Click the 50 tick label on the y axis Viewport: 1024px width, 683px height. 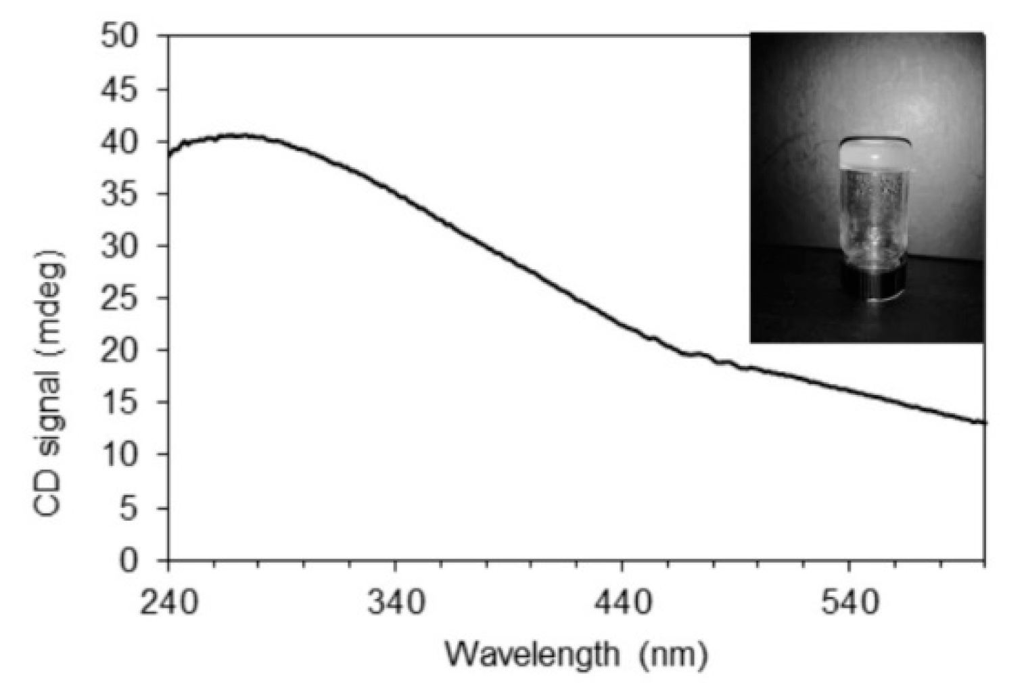point(129,37)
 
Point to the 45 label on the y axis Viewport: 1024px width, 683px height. point(129,89)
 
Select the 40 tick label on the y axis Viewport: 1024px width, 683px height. point(129,142)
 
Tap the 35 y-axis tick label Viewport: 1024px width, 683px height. point(129,194)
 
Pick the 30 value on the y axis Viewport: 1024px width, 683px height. point(129,246)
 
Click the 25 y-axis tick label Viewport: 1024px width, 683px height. point(129,298)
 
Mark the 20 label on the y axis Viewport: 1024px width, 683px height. point(129,350)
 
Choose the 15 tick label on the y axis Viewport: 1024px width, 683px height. point(129,402)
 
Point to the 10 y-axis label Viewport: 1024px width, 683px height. point(129,454)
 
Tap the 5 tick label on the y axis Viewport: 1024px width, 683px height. point(140,508)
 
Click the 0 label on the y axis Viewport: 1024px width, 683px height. point(140,560)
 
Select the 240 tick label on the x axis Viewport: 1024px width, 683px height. point(169,602)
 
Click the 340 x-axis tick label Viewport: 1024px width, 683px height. point(396,602)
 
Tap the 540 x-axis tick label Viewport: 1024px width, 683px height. point(850,602)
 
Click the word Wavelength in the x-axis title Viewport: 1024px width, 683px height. point(532,654)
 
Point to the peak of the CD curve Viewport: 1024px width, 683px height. point(240,136)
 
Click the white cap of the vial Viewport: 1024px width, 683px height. point(876,154)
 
